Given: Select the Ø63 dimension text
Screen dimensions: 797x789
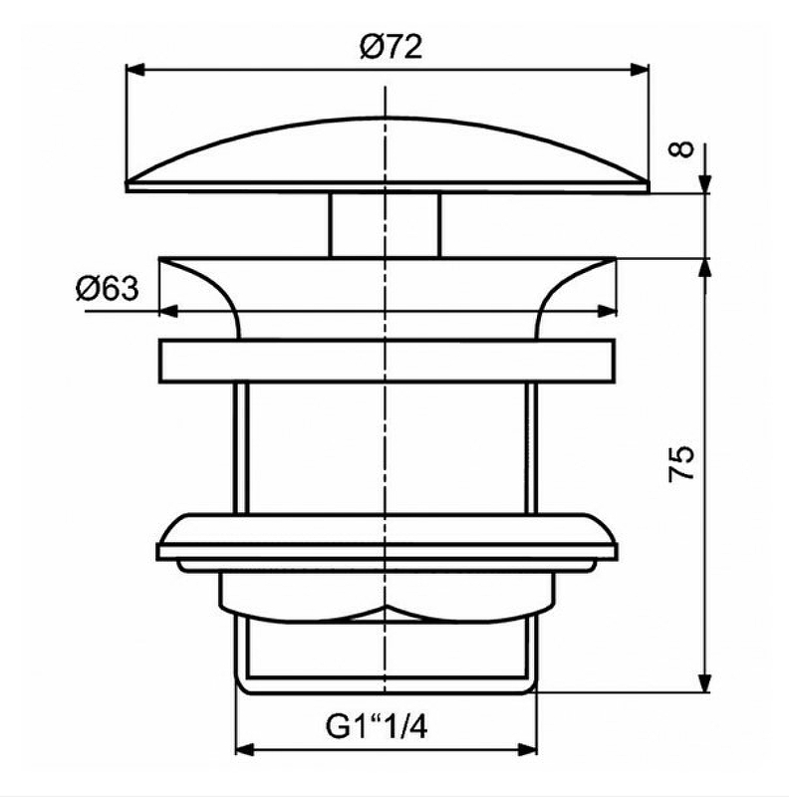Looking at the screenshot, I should [105, 290].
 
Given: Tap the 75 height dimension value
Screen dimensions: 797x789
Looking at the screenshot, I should [682, 463].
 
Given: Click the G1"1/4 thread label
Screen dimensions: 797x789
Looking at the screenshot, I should [379, 728].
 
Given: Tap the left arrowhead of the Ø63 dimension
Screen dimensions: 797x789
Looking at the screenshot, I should [166, 311].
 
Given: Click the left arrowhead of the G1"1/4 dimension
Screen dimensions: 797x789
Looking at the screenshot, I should [243, 750].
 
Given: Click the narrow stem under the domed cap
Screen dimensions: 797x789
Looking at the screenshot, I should [385, 224].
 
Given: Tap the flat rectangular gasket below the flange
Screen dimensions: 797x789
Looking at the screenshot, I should [385, 361].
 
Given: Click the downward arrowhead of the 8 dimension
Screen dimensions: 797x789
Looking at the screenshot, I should [707, 181].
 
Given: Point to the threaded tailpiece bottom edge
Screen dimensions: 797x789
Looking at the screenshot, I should [385, 686].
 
